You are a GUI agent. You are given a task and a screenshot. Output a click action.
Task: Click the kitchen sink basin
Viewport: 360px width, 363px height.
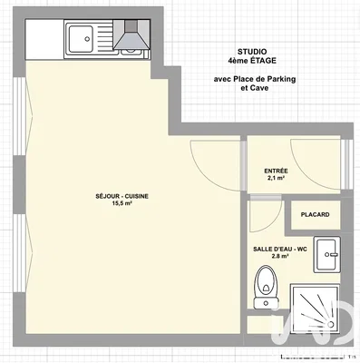click(x=80, y=38)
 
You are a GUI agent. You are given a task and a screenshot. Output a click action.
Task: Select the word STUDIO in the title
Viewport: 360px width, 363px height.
click(x=253, y=52)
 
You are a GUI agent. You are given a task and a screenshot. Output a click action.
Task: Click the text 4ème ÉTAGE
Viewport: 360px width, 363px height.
click(x=253, y=61)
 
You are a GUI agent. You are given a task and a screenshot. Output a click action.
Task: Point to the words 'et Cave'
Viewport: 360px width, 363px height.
click(x=253, y=89)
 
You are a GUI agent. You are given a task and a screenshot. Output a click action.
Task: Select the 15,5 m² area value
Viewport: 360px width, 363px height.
click(x=122, y=204)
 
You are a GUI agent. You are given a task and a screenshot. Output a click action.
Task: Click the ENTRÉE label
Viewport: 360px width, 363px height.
click(x=276, y=171)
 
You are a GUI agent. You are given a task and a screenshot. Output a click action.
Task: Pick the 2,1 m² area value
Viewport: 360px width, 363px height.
click(x=276, y=179)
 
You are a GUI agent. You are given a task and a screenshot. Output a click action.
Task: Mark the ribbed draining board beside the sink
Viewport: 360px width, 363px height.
click(x=105, y=38)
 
